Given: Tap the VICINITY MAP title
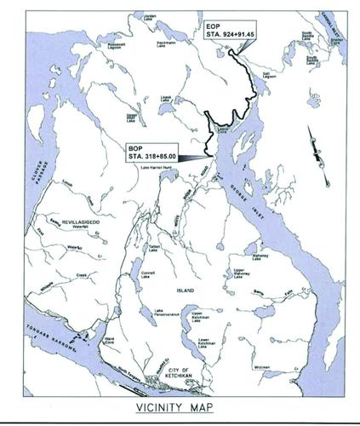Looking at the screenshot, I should pos(179,407).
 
